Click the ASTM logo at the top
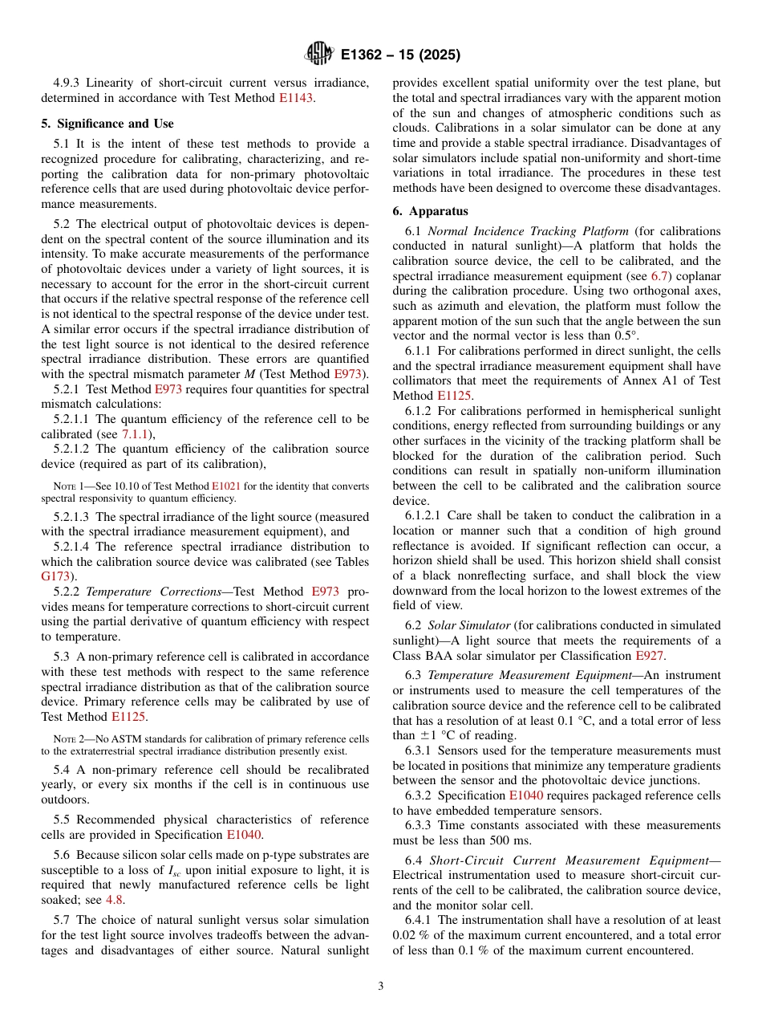click(319, 55)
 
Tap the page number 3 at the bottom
click(381, 986)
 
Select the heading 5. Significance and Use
click(107, 124)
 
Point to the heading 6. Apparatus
click(430, 212)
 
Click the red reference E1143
click(296, 98)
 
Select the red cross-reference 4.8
click(116, 900)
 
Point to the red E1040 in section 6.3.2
click(525, 795)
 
